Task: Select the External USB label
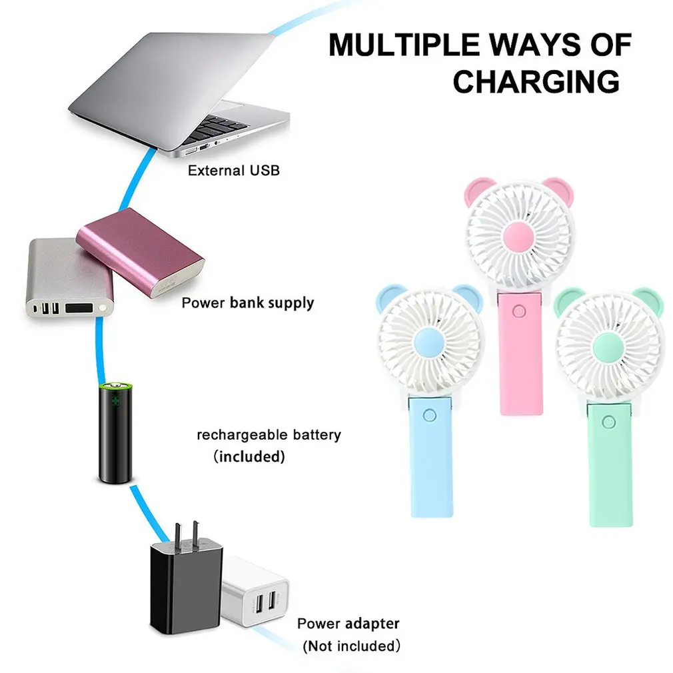click(233, 171)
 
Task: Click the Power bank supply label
click(248, 303)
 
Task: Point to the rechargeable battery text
click(269, 435)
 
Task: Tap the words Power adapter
click(348, 623)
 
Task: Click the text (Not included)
click(351, 646)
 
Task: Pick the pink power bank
click(140, 253)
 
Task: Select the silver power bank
click(69, 278)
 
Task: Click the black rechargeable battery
click(115, 432)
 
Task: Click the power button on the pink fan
click(519, 311)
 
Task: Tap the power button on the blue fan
click(429, 415)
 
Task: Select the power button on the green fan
click(608, 422)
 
